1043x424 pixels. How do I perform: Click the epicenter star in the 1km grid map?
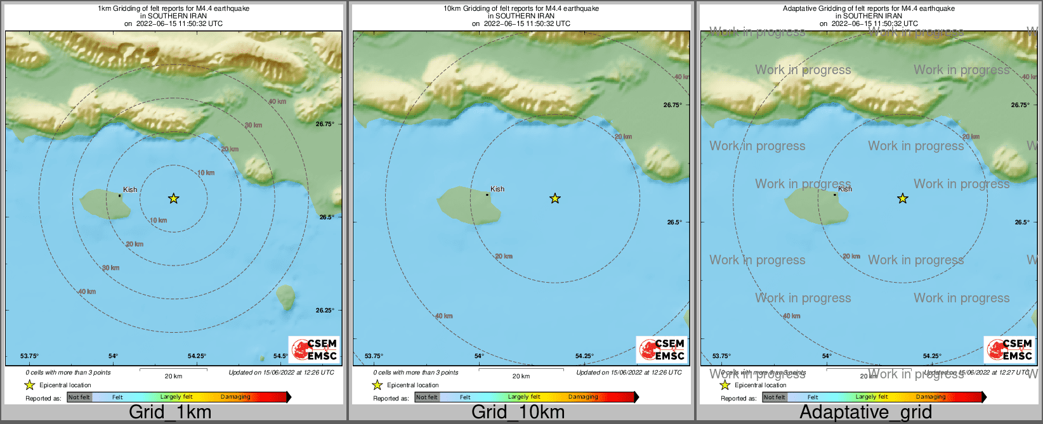(174, 199)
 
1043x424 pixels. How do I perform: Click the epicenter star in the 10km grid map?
(555, 199)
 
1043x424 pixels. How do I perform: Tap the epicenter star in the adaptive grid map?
(903, 199)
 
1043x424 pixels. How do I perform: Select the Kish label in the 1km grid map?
(130, 190)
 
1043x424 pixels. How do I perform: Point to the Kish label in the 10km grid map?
(497, 189)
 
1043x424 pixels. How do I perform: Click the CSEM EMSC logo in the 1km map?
(314, 349)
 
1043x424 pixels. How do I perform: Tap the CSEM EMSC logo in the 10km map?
(662, 349)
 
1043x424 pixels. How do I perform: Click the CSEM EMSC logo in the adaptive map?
(1009, 349)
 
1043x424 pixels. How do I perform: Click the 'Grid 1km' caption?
(170, 412)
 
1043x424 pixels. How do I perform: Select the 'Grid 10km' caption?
(518, 412)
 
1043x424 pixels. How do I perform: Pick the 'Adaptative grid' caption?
(865, 412)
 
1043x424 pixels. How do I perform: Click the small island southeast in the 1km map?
(286, 296)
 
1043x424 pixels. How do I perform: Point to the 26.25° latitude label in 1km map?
(325, 310)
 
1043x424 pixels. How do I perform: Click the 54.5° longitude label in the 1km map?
(280, 356)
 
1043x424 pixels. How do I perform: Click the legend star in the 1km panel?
(29, 385)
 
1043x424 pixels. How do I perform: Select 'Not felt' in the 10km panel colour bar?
(427, 397)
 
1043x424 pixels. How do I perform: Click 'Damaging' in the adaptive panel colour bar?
(931, 397)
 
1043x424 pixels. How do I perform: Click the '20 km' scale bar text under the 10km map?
(521, 376)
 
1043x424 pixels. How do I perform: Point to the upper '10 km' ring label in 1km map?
(206, 173)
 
